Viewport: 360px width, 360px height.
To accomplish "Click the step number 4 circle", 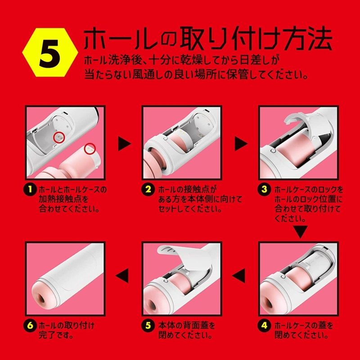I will (264, 325).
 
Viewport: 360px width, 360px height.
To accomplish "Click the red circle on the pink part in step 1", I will (90, 148).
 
